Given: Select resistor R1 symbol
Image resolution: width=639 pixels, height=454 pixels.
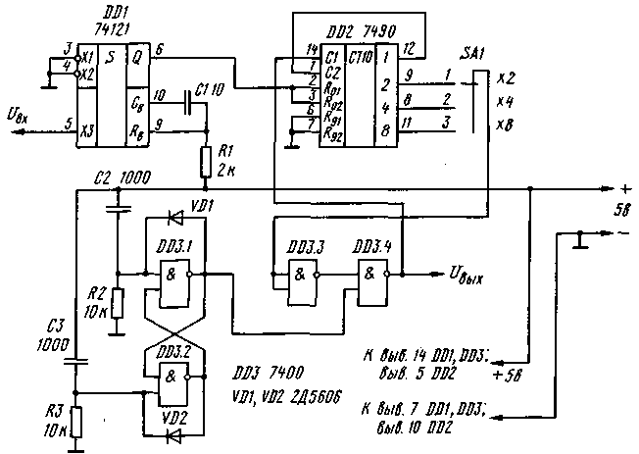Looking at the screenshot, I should [205, 161].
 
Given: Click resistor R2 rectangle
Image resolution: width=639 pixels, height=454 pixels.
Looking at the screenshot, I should [118, 304].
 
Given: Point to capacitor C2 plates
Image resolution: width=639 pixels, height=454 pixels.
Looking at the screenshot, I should [118, 209].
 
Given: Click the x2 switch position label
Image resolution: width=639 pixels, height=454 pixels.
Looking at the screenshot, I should [505, 75].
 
